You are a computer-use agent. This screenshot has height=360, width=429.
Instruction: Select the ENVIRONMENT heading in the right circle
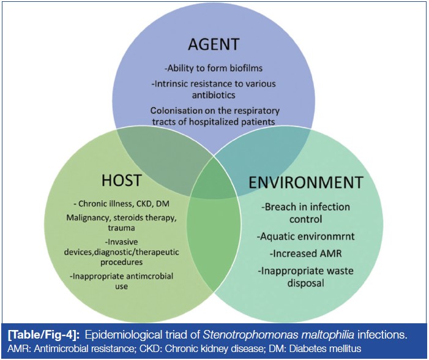(305, 181)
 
